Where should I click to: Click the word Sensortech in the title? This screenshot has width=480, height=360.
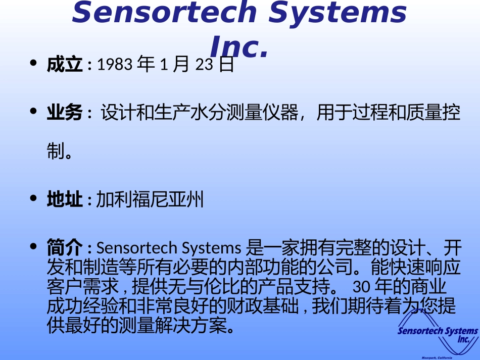[x=165, y=13]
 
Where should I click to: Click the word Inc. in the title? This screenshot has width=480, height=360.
[x=237, y=47]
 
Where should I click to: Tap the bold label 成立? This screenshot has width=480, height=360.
[x=64, y=65]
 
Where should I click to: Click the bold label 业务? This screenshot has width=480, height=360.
[x=64, y=113]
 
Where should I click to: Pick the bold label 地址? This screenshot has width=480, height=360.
[x=64, y=200]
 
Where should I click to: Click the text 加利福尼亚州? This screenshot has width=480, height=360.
[x=150, y=200]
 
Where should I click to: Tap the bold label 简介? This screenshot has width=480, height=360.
[x=64, y=248]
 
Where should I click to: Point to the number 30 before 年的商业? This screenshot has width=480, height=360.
[x=362, y=287]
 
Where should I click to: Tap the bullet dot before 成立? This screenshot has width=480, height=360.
[x=34, y=64]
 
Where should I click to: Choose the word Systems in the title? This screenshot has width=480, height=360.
[x=338, y=13]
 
